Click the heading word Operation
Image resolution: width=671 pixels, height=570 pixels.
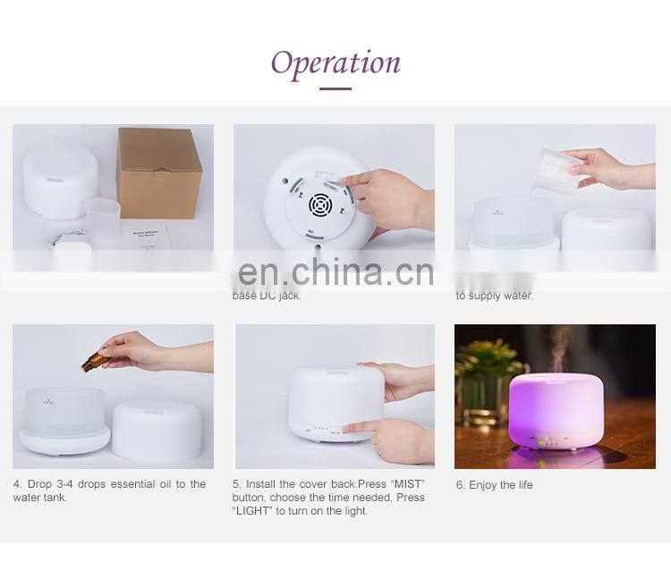point(335,63)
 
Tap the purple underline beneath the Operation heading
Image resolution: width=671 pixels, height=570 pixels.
point(335,88)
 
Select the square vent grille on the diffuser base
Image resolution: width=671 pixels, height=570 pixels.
point(320,205)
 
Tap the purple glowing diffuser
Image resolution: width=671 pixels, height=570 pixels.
point(555,410)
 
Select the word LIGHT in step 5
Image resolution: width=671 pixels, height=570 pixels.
point(252,511)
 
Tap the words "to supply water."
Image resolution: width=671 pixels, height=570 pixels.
point(494,296)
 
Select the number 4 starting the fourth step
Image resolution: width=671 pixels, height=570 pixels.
point(16,484)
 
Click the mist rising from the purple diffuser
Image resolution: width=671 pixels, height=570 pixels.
point(559,348)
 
